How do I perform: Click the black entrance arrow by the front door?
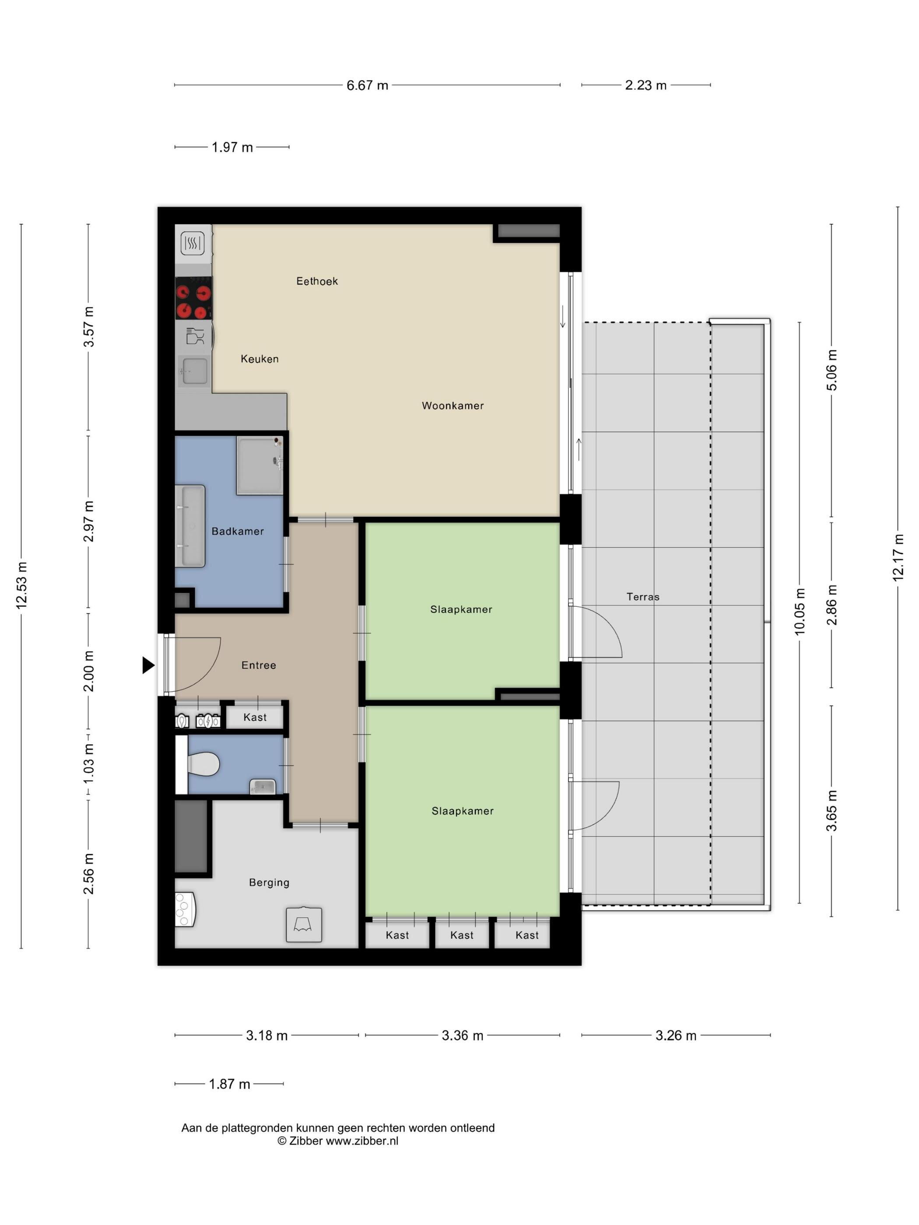[x=148, y=665]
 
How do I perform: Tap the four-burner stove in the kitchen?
[x=194, y=301]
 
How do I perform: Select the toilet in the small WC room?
[x=203, y=764]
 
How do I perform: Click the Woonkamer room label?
[x=452, y=406]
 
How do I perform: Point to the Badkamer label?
[x=238, y=532]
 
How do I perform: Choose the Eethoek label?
[x=317, y=281]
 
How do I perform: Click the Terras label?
[x=642, y=597]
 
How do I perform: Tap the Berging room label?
[x=269, y=883]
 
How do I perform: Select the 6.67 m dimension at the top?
[x=367, y=85]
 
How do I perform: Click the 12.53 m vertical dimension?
[x=21, y=585]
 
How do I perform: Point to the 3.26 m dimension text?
[x=676, y=1036]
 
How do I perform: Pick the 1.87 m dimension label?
[x=229, y=1084]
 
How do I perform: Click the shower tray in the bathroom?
[x=260, y=465]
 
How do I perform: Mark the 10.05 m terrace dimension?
[x=800, y=611]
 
